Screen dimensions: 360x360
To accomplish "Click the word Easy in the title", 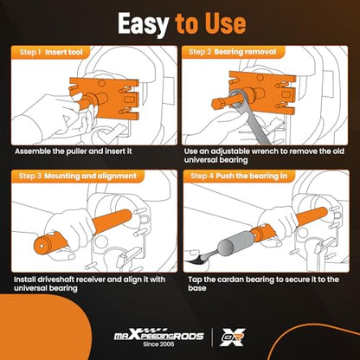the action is (143, 24).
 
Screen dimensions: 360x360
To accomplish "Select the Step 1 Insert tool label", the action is (51, 52).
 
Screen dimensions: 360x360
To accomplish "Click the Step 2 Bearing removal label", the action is (232, 52).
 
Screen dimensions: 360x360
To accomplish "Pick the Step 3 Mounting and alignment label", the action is (78, 176).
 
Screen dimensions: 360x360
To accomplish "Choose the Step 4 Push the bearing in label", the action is (239, 176).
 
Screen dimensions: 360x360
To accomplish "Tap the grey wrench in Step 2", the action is (250, 115).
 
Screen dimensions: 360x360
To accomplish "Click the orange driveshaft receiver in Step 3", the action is (83, 233).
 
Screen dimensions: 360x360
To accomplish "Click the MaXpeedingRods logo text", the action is (159, 335).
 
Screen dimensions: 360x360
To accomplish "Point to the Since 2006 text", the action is (158, 344).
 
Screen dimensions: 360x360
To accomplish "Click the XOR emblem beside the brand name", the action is (233, 337).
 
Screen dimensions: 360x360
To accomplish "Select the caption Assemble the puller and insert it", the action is (74, 151).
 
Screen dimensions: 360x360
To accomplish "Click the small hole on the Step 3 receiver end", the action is (42, 246).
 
